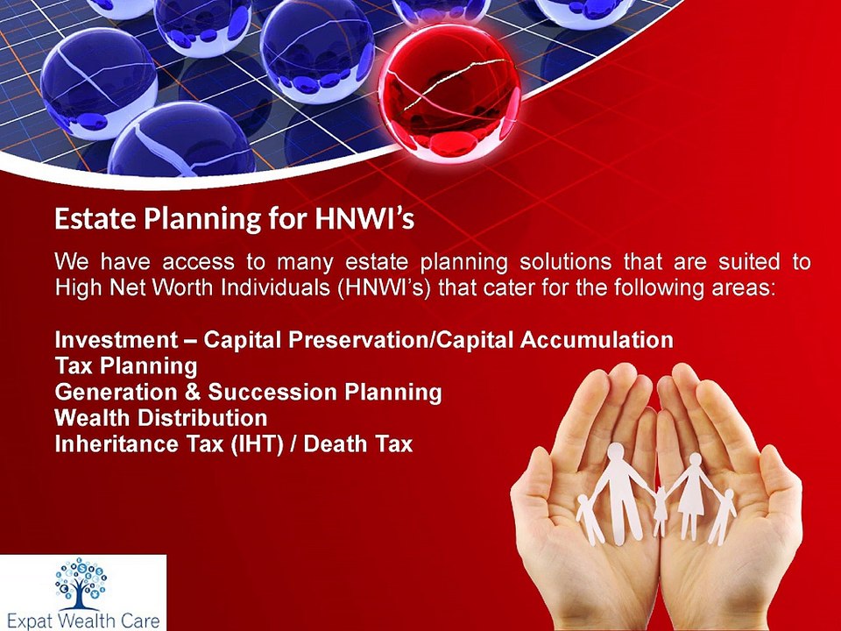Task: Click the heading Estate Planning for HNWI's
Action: [234, 219]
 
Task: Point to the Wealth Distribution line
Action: [160, 417]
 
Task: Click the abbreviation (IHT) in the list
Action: [257, 443]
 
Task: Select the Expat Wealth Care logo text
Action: [81, 619]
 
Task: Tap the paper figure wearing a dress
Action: [691, 491]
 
